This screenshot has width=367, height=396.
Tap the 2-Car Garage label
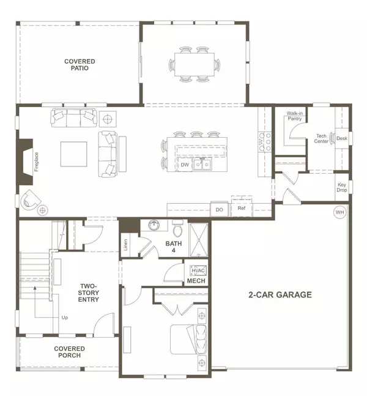coord(281,295)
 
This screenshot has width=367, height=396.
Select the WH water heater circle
coord(339,212)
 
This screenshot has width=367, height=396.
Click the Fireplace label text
coord(36,162)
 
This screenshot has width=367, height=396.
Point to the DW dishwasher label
coord(185,165)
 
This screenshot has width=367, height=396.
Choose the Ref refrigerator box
coord(242,207)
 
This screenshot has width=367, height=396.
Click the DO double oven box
coord(219,209)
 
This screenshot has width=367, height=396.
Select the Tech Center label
coord(322,138)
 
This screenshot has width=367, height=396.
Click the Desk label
coord(341,139)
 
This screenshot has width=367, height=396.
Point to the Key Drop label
coord(342,187)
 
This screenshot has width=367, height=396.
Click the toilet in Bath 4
coord(178,229)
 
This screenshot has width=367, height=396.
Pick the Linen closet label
coord(125,244)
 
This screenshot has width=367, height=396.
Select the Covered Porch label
coord(69,353)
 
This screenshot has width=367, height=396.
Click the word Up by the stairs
coord(64,318)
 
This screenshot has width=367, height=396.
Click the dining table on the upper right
coord(195,64)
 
